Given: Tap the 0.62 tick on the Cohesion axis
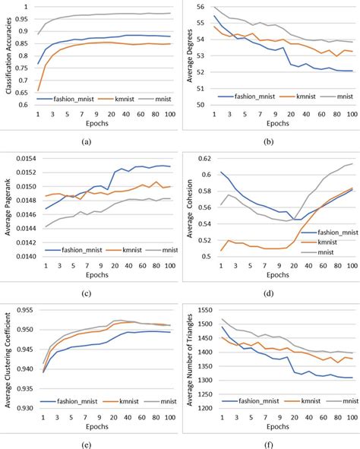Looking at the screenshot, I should [208, 158].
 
